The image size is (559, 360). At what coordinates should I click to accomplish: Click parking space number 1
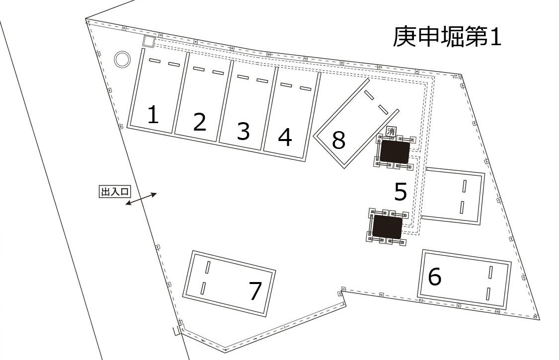(153, 115)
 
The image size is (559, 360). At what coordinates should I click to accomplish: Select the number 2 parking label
(199, 122)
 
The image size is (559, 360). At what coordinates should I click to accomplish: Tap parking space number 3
(243, 131)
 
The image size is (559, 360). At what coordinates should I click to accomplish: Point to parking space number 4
(285, 138)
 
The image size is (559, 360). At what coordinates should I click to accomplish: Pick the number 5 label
(400, 192)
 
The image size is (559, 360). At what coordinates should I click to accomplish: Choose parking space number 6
(434, 277)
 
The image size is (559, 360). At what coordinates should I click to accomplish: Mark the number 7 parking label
(255, 291)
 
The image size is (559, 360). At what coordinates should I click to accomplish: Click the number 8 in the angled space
(338, 141)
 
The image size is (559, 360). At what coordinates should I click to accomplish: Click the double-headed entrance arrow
(141, 199)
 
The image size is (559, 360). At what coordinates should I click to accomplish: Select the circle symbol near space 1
(122, 60)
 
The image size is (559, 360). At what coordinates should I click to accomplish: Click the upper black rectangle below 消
(395, 151)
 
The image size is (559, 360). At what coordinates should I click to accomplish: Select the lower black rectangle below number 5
(387, 226)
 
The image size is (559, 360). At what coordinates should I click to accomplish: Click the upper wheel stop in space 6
(490, 272)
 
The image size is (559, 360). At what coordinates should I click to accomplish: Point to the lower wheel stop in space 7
(203, 288)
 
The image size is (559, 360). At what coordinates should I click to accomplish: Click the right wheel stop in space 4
(305, 89)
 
